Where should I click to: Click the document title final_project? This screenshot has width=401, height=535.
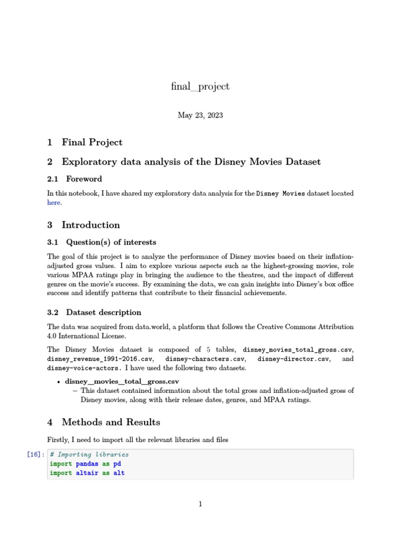(200, 87)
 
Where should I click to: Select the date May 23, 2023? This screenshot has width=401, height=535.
(200, 115)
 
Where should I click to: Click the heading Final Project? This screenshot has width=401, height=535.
(92, 142)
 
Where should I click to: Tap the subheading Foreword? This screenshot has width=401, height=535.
(84, 179)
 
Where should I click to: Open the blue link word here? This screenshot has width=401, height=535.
(54, 203)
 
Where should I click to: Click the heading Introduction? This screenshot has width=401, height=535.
(91, 225)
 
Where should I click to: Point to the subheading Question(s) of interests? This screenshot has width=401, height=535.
(111, 242)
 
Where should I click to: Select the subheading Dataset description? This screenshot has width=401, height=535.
(103, 312)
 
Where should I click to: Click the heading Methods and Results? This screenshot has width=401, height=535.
(111, 422)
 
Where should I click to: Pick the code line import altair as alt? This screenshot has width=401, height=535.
(87, 473)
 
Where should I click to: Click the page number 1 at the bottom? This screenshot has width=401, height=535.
(200, 504)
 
